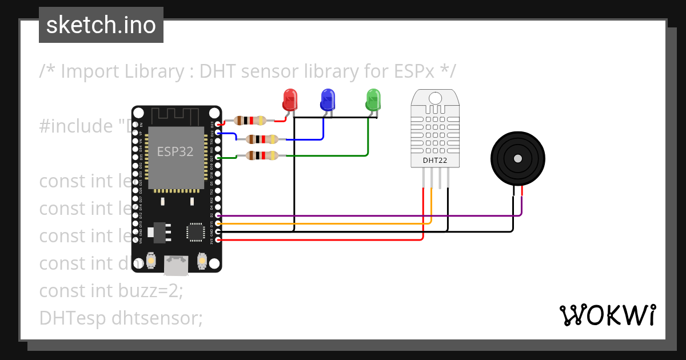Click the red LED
click(290, 100)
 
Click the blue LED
click(327, 100)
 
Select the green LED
click(373, 100)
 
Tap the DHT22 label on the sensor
click(434, 161)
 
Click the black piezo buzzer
click(518, 158)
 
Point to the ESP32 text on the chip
click(176, 151)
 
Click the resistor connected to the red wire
click(250, 121)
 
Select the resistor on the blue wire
click(262, 139)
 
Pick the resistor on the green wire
click(262, 155)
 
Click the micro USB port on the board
click(176, 264)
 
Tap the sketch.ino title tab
click(101, 25)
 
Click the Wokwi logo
click(607, 315)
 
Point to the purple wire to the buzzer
click(372, 216)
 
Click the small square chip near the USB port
click(196, 232)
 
